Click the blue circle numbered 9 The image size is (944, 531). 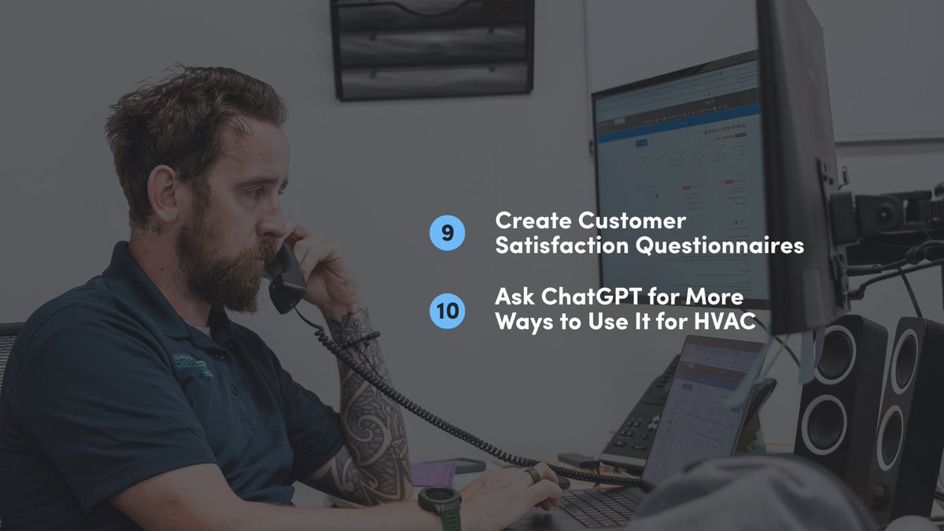[x=448, y=233]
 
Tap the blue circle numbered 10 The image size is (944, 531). [x=448, y=310]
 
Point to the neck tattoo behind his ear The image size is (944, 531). [x=154, y=229]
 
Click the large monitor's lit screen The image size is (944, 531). [x=680, y=173]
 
